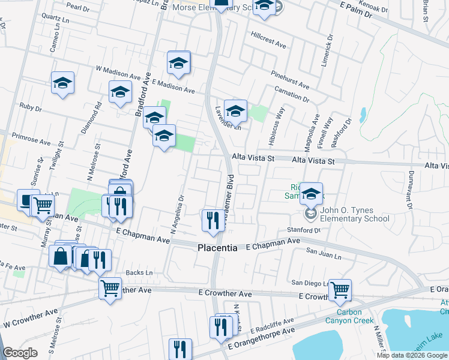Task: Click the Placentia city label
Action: pyautogui.click(x=218, y=248)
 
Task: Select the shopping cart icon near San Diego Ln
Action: pyautogui.click(x=340, y=290)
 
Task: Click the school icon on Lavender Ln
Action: pyautogui.click(x=236, y=111)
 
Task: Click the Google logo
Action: pyautogui.click(x=20, y=353)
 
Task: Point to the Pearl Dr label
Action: pyautogui.click(x=78, y=6)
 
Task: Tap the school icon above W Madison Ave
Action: pyautogui.click(x=179, y=63)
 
